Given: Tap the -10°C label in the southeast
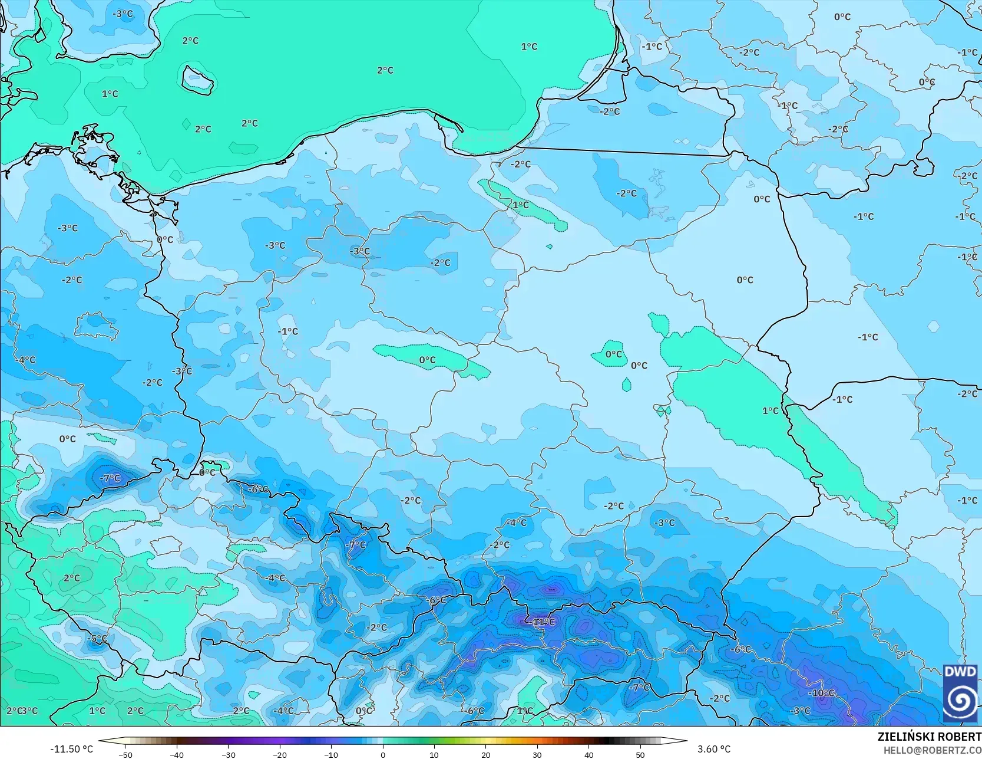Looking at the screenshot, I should point(821,693).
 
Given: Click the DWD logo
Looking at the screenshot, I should point(960,693).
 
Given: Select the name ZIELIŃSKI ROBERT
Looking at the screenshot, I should point(929,737).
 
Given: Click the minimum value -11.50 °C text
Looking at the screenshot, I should point(71,749).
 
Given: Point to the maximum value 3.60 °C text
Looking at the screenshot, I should point(714,749).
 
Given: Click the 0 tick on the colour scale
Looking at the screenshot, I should point(382,754).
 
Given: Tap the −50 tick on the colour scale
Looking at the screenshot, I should point(125,754).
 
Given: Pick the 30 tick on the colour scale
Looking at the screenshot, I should point(537,754).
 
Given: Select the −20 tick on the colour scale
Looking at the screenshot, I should point(279,754).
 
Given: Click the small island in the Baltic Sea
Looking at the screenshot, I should point(196,79).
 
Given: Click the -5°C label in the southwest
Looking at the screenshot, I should point(98,639).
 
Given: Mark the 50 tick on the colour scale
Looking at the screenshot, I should point(640,754).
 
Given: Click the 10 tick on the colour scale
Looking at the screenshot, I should point(434,754).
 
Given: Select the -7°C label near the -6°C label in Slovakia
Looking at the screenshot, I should point(639,687).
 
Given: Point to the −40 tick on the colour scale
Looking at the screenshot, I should point(176,754).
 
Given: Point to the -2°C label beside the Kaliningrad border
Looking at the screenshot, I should point(520,164).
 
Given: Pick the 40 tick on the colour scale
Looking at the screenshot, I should point(588,754).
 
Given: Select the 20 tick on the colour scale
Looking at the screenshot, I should point(485,754).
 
